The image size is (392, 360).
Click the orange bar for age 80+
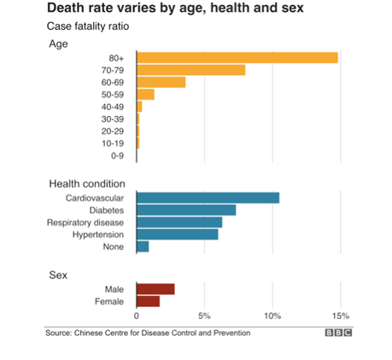pos(237,58)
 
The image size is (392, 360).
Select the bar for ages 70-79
pos(191,70)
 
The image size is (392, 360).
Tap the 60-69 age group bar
pos(161,82)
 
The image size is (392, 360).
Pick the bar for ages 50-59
pos(146,95)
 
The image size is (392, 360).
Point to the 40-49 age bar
pos(139,107)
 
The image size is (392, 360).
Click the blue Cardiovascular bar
pos(208,198)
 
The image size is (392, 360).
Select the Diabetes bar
pos(186,210)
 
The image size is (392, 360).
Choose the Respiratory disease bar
pos(179,223)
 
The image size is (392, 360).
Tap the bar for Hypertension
pos(178,235)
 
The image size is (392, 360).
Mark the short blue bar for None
pos(143,247)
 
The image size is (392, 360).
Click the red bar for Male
pos(155,289)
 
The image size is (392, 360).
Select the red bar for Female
pos(149,301)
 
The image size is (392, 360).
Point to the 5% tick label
pos(204,316)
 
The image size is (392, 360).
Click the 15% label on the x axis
pos(341,316)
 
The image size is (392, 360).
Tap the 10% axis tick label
pos(272,316)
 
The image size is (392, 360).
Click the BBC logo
pos(338,333)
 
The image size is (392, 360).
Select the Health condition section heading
pos(87,183)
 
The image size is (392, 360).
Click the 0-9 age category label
pos(117,155)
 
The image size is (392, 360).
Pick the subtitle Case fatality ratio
pos(88,26)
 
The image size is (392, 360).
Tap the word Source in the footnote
pos(59,333)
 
